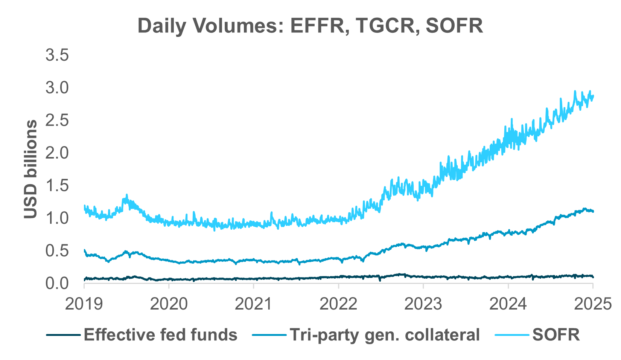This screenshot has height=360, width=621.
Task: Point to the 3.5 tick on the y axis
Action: (57, 55)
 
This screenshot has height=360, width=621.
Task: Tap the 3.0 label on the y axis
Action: (57, 88)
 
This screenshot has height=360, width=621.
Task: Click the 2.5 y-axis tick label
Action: (57, 121)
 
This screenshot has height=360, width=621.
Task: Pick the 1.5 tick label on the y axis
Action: (57, 186)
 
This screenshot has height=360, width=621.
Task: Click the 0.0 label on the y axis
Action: (57, 283)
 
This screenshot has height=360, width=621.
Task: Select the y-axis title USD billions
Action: (31, 169)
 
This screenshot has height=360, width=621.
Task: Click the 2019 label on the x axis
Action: (84, 304)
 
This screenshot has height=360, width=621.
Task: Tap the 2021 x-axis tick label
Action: (253, 304)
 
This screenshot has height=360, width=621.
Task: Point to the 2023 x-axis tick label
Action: (423, 304)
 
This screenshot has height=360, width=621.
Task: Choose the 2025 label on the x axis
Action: (592, 304)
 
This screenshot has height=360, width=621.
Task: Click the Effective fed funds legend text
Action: (160, 334)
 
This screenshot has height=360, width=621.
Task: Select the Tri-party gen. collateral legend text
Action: (384, 334)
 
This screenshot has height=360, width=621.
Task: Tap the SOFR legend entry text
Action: (556, 334)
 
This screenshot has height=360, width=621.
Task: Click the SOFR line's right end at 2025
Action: (593, 96)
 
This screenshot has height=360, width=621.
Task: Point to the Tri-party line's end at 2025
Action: (593, 211)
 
